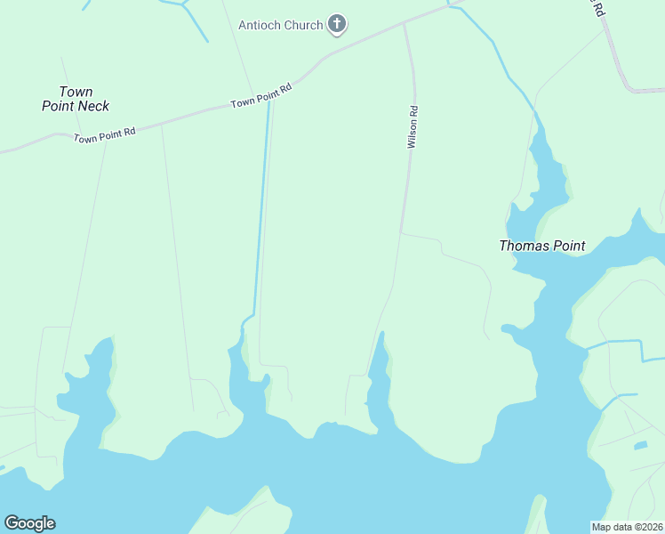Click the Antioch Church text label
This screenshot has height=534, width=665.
(x=280, y=25)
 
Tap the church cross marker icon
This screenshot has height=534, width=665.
(x=337, y=25)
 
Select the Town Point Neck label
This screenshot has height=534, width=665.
(x=76, y=99)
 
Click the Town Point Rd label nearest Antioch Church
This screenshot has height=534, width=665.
(x=261, y=96)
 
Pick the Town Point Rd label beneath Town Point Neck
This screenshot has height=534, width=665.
(x=104, y=135)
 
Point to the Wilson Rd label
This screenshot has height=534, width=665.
(x=413, y=127)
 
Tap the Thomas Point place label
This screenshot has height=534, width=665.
(x=541, y=246)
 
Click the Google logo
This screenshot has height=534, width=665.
(x=29, y=522)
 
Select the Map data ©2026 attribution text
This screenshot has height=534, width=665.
(x=627, y=526)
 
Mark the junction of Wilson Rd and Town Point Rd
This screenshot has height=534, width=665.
(x=405, y=24)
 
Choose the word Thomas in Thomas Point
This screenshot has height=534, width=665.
(x=520, y=246)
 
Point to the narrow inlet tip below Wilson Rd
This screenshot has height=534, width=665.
(x=382, y=336)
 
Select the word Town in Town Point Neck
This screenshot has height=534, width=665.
(x=76, y=92)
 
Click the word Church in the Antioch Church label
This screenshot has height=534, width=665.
(x=303, y=25)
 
